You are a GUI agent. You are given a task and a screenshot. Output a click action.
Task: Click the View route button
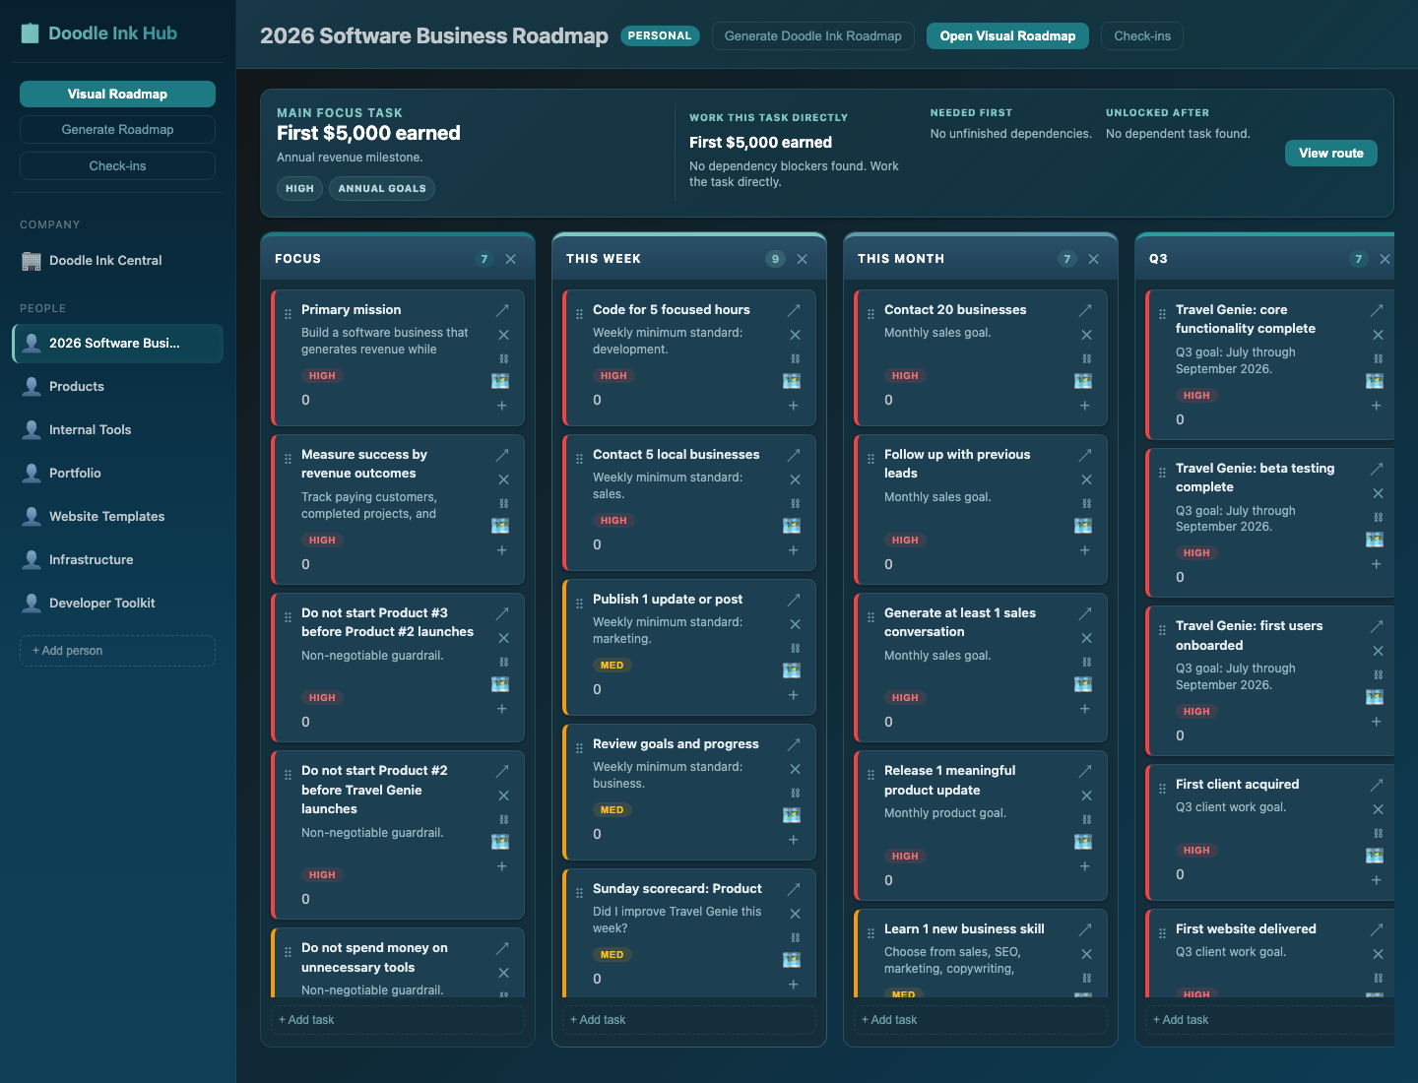[1330, 153]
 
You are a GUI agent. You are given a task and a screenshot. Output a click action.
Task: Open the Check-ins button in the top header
[1141, 36]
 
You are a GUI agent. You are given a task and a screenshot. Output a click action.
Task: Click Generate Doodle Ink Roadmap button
[812, 36]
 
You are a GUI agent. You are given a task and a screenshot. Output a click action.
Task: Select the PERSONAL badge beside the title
[659, 35]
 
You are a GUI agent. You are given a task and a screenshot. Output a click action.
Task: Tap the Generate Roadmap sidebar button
[117, 129]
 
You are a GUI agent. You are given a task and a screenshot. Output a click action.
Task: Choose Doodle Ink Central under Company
[105, 260]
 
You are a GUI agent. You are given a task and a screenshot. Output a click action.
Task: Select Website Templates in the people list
[106, 516]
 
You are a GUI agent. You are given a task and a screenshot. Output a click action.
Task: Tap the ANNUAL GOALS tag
[382, 189]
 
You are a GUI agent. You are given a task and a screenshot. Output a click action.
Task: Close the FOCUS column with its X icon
[510, 259]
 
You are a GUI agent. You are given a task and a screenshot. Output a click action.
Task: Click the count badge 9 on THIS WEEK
[775, 259]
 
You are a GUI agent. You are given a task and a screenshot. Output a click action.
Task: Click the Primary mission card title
[351, 309]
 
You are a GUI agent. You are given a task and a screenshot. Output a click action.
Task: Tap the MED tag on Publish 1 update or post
[612, 666]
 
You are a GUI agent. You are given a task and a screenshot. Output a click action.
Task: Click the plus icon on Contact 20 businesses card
[1084, 406]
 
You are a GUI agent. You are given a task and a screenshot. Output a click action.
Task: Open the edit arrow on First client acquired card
[1376, 785]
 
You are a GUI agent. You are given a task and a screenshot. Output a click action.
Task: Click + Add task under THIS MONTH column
[889, 1019]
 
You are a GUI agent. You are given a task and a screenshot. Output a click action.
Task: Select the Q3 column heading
[1158, 258]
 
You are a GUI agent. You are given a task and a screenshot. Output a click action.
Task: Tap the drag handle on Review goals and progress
[579, 748]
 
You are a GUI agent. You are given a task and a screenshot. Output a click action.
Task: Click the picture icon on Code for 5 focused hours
[792, 381]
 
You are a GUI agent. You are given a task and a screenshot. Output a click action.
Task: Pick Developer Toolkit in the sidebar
[102, 603]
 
